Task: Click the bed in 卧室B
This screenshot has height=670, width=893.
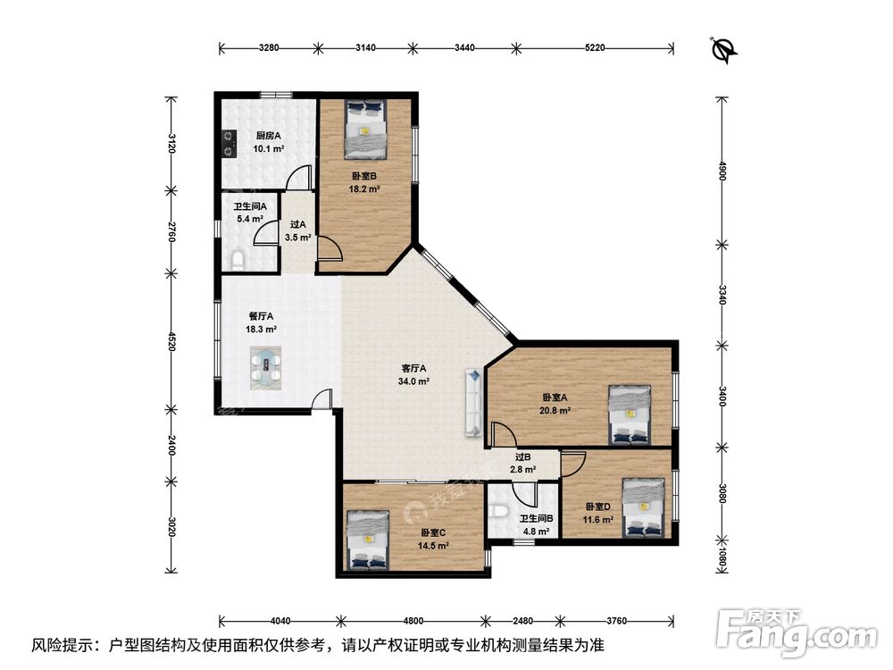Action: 365,130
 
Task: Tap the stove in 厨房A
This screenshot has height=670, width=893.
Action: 229,144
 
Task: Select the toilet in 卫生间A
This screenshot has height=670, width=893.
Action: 238,261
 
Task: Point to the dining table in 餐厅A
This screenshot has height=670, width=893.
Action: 266,368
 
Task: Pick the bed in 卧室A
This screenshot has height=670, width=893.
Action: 630,415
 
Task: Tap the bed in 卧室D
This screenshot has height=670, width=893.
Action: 644,507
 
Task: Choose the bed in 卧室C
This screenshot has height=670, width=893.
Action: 368,540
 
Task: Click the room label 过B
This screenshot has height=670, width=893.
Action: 522,456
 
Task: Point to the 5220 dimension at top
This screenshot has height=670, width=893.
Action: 595,48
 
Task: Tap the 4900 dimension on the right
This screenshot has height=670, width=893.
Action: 722,171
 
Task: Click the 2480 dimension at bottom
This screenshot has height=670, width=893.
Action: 522,621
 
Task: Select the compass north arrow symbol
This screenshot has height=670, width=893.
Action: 724,49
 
